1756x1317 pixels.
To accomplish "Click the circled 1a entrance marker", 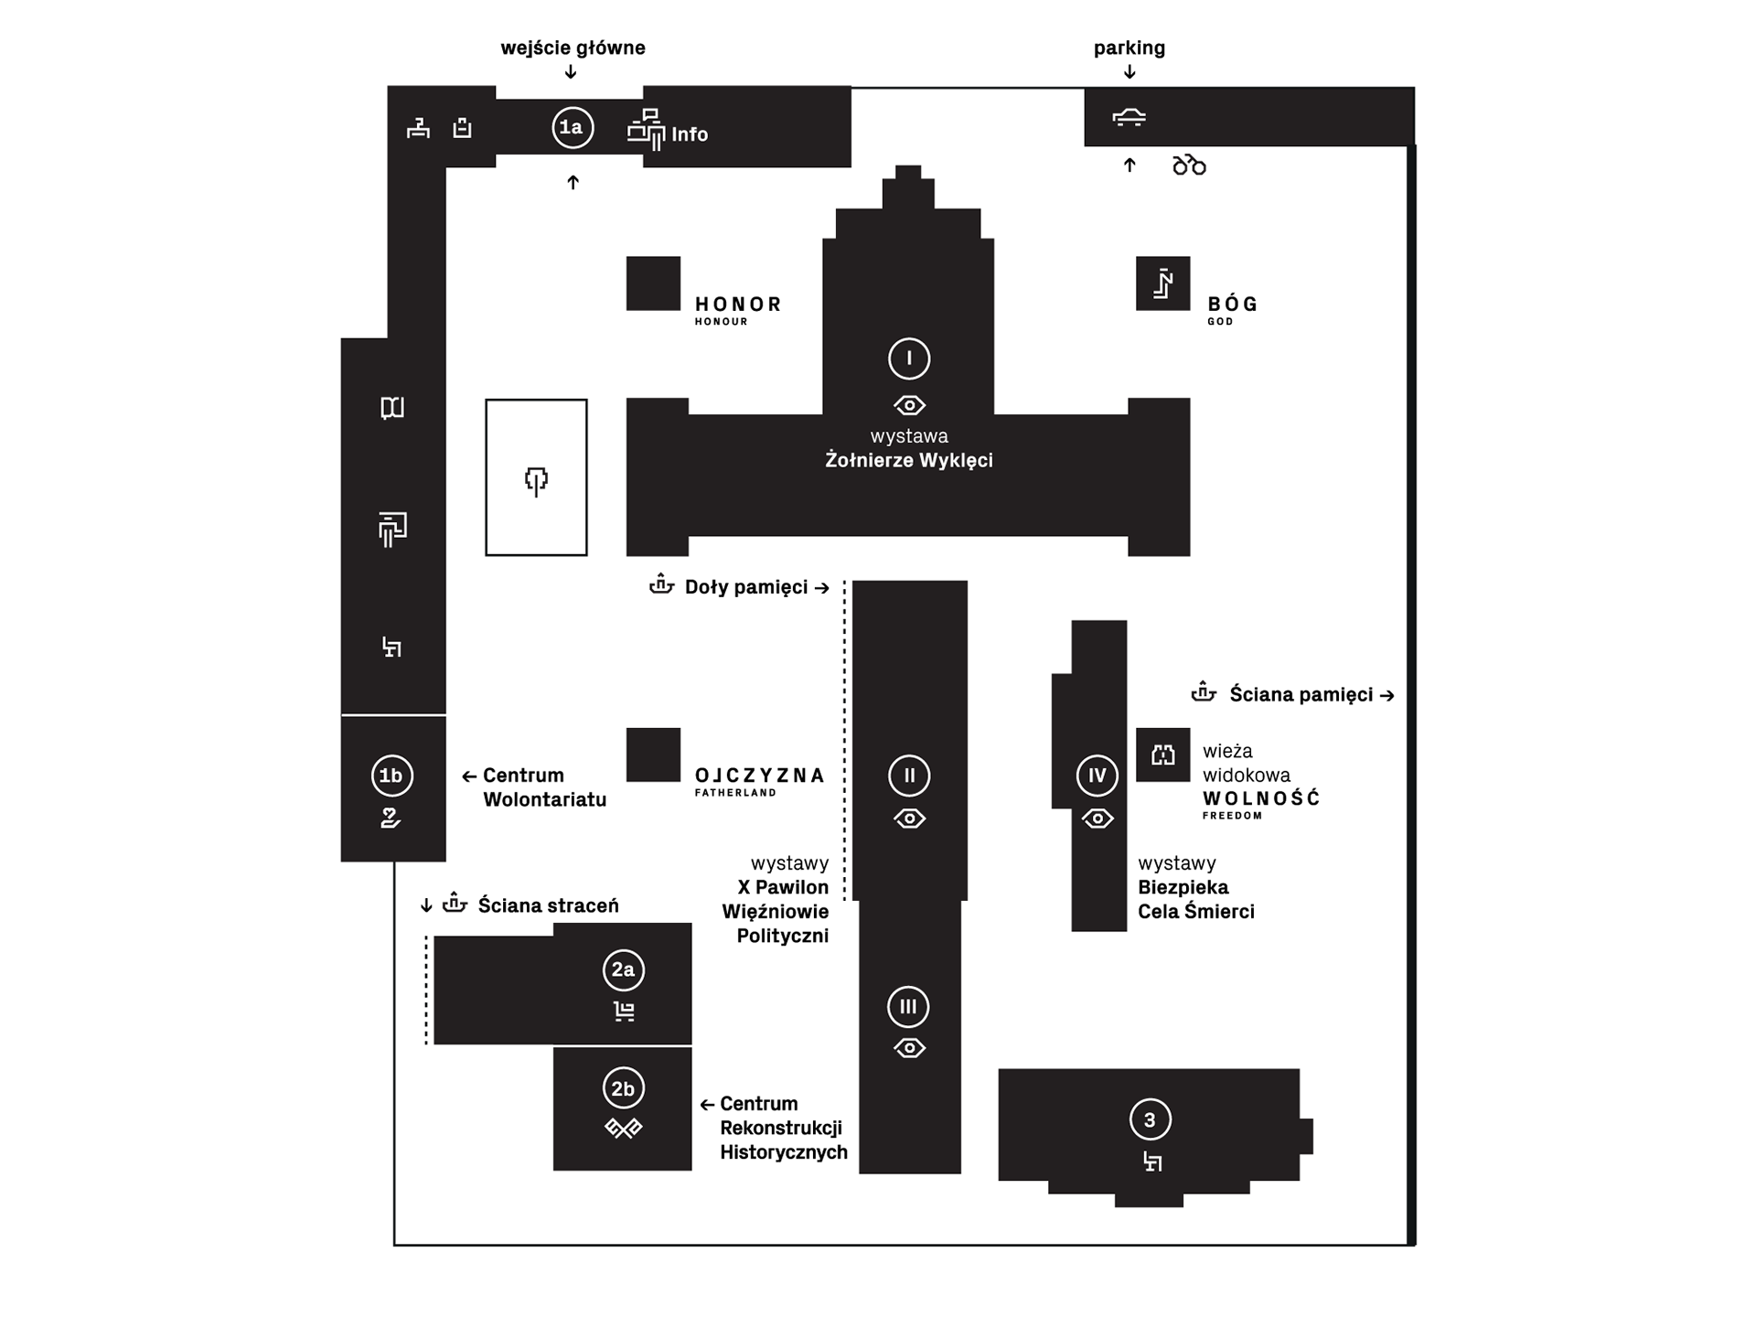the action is [x=573, y=128].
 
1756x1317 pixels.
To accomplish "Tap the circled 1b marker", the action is [x=391, y=776].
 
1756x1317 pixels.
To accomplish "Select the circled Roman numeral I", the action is [x=909, y=359].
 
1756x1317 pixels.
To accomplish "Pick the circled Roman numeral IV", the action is [x=1097, y=776].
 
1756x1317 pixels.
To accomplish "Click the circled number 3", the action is [x=1150, y=1119].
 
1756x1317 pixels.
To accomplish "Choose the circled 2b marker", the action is [x=623, y=1088].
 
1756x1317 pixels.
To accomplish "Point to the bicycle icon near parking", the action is [x=1189, y=165].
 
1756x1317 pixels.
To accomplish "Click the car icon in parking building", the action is [x=1130, y=117].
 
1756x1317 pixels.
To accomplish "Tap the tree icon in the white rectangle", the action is [x=536, y=480].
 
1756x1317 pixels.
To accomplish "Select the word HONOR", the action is [x=738, y=305].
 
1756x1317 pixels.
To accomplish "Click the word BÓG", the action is [x=1233, y=305].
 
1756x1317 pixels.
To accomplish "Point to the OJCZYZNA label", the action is [x=759, y=776].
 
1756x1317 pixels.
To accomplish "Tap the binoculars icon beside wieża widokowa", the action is [x=1162, y=755].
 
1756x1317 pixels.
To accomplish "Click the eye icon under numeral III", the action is [x=909, y=1048].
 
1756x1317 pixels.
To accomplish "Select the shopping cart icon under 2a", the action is [x=624, y=1012].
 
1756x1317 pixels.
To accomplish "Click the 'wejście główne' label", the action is [x=573, y=48].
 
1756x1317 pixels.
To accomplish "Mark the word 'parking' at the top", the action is [x=1130, y=48].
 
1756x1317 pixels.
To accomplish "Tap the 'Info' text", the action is [x=690, y=134].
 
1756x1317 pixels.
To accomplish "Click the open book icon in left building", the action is [x=392, y=408].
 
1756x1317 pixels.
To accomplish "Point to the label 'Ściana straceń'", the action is [x=548, y=905].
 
